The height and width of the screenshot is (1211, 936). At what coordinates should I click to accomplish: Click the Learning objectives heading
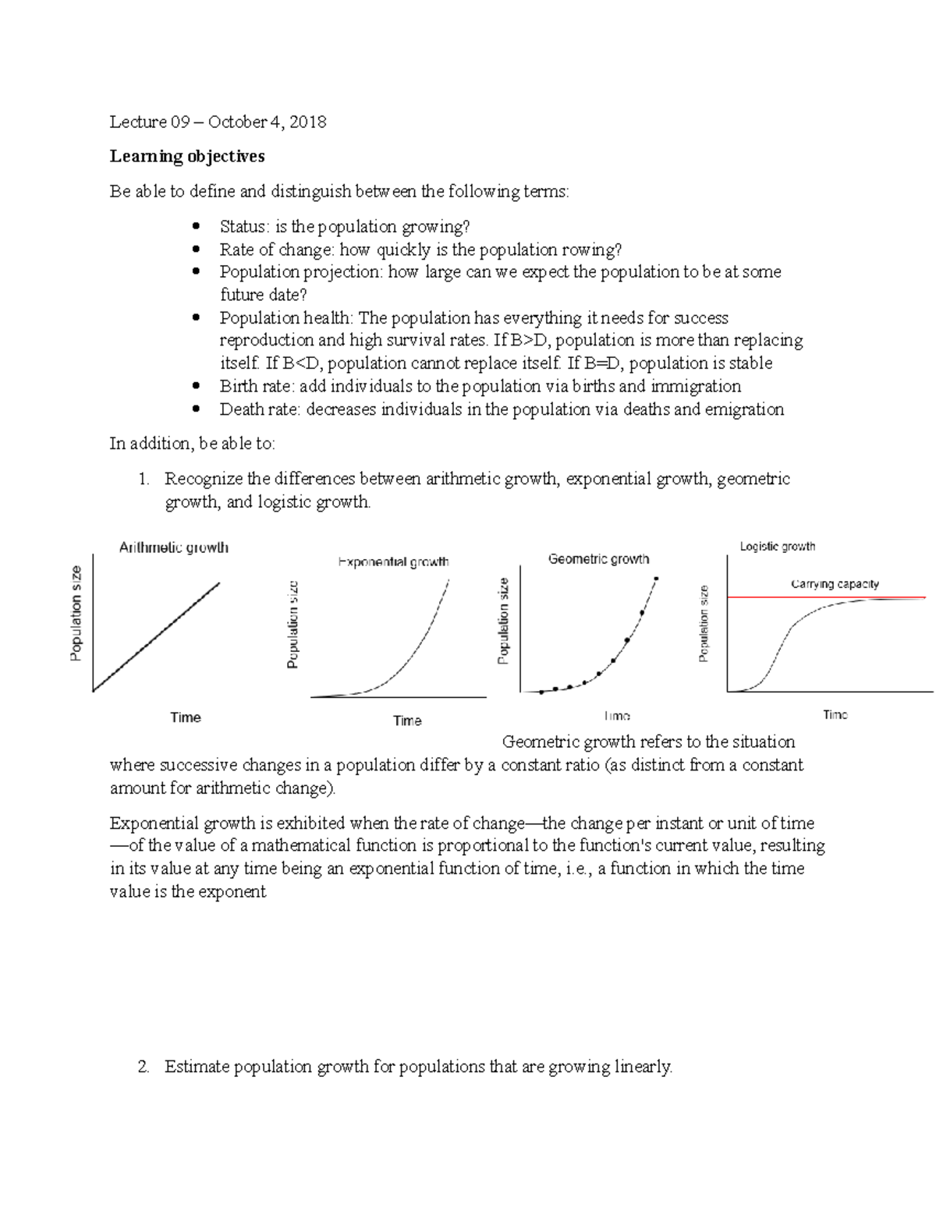(187, 157)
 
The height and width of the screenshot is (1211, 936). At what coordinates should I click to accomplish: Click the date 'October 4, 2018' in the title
(267, 122)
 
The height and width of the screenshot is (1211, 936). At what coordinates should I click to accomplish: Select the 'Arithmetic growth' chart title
(173, 547)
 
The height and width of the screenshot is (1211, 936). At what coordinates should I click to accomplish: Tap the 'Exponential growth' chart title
(393, 561)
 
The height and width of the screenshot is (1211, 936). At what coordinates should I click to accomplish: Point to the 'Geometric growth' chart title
(598, 559)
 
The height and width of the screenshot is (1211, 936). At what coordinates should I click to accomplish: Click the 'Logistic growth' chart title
(777, 547)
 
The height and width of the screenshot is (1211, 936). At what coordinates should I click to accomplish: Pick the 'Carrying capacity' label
(835, 584)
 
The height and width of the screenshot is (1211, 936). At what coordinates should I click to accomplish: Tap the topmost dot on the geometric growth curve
(656, 579)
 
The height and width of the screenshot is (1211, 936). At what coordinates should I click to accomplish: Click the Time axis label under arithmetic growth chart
(186, 717)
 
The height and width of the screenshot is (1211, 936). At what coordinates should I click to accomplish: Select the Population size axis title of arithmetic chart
(76, 614)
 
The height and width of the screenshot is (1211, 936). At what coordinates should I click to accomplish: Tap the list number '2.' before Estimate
(143, 1067)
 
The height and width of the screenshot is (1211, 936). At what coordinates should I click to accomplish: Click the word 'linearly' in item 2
(643, 1067)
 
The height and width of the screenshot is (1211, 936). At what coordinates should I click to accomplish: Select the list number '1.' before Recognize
(144, 479)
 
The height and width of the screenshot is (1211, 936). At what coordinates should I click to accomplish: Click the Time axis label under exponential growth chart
(407, 721)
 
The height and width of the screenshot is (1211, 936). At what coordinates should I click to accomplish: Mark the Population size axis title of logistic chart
(704, 624)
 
